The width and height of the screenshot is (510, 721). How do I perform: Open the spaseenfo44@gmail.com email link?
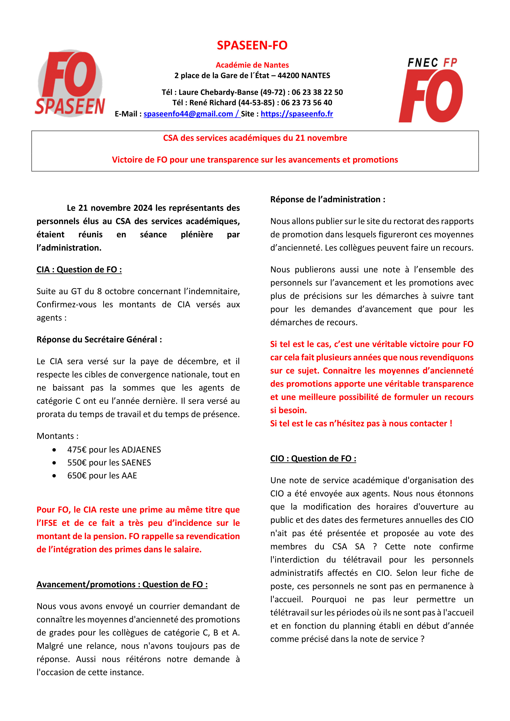(188, 114)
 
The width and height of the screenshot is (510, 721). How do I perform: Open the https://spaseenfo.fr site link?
(297, 114)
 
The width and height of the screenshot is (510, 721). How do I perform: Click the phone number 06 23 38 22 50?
(317, 92)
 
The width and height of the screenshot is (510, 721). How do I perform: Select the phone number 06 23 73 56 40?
(306, 103)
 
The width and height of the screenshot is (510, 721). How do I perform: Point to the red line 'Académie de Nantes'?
(252, 65)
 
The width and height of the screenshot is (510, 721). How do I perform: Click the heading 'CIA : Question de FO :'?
(79, 270)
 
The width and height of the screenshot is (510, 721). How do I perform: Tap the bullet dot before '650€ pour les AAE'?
(54, 476)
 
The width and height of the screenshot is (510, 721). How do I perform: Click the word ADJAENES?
(141, 450)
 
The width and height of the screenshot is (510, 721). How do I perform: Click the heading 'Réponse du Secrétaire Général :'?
(99, 340)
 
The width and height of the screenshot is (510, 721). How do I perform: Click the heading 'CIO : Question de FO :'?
(313, 459)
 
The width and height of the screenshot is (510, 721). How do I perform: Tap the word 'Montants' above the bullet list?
(56, 436)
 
